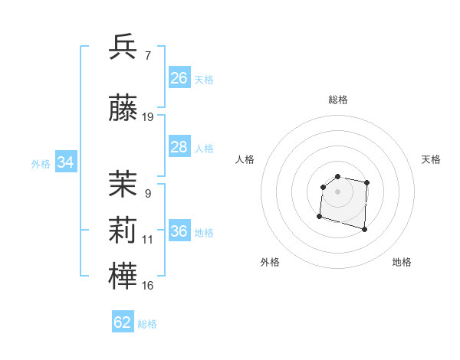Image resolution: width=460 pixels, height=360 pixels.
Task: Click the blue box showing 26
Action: coord(179,78)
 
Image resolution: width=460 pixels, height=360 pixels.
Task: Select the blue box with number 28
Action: coord(179,147)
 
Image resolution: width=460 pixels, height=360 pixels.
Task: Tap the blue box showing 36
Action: coord(179,231)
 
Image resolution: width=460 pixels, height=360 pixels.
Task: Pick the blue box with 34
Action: coord(65,162)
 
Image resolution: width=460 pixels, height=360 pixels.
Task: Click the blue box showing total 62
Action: coord(123,322)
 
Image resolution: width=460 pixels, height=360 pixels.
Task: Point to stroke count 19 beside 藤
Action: coord(148,117)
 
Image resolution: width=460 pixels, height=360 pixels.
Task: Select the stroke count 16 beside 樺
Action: coord(148,286)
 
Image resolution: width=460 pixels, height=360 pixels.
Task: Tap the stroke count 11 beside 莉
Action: coord(148,240)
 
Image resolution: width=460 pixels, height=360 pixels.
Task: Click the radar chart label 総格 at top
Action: coord(337,100)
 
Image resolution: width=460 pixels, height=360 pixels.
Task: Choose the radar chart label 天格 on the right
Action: coord(432,159)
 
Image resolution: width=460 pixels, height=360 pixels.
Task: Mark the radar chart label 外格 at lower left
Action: coord(270,263)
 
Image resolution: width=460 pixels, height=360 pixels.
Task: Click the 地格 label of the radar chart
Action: coord(402,263)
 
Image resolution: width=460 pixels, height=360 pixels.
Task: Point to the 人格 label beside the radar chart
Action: coord(245,159)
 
